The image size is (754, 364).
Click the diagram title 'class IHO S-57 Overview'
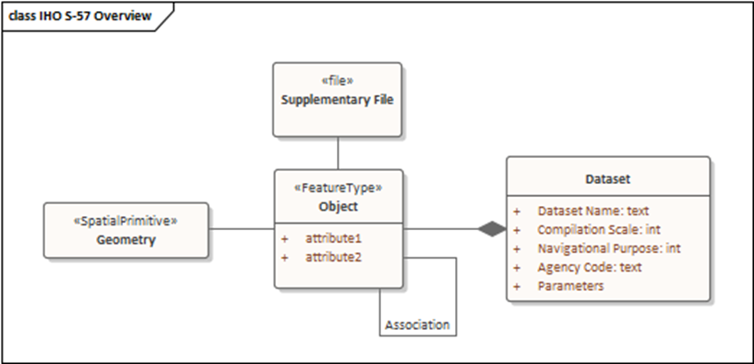tap(80, 17)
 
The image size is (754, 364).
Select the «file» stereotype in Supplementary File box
tap(337, 81)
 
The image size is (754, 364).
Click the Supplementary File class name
tap(338, 100)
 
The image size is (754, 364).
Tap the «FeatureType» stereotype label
tap(338, 188)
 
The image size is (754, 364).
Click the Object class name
tap(338, 206)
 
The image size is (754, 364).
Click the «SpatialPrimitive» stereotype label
tap(126, 222)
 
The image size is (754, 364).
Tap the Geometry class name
tap(126, 240)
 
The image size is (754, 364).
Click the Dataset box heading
tap(608, 178)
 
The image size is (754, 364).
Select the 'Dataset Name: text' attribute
tap(593, 212)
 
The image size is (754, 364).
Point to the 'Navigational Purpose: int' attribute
tap(609, 249)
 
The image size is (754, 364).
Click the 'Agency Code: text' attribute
tap(590, 267)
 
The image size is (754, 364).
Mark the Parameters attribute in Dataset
tap(570, 286)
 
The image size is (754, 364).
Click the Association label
tap(418, 325)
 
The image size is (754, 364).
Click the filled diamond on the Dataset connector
tap(492, 229)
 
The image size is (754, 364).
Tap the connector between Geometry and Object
tap(241, 229)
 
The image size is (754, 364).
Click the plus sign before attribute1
tap(285, 238)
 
